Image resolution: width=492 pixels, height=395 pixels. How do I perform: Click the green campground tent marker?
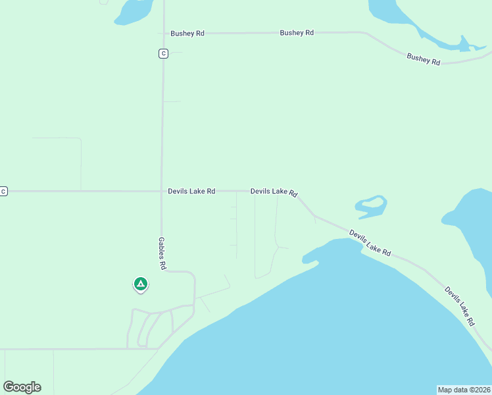pyautogui.click(x=140, y=284)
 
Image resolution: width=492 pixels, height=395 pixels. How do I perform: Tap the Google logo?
pyautogui.click(x=22, y=387)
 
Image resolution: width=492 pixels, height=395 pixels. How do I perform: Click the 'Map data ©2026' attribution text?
pyautogui.click(x=464, y=389)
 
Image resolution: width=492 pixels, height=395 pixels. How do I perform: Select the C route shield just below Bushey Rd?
pyautogui.click(x=163, y=53)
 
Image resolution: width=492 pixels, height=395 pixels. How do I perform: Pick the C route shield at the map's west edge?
pyautogui.click(x=3, y=191)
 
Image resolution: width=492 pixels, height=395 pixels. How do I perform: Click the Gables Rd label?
pyautogui.click(x=162, y=253)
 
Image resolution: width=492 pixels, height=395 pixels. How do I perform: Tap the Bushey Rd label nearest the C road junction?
pyautogui.click(x=187, y=33)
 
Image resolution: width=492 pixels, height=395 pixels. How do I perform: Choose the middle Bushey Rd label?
pyautogui.click(x=297, y=32)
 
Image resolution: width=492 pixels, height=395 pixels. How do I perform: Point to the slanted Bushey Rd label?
pyautogui.click(x=423, y=59)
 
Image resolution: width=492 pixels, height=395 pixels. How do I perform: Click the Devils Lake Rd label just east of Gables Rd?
pyautogui.click(x=191, y=191)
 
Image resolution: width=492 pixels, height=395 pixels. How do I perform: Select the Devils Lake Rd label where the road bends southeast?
pyautogui.click(x=274, y=192)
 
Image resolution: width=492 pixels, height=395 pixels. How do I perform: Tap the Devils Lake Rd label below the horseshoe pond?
pyautogui.click(x=370, y=243)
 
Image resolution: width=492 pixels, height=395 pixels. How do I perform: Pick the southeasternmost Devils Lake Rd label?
pyautogui.click(x=459, y=306)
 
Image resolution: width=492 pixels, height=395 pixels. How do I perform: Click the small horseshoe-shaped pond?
pyautogui.click(x=371, y=206)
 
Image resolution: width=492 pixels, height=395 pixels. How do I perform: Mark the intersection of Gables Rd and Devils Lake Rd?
pyautogui.click(x=162, y=191)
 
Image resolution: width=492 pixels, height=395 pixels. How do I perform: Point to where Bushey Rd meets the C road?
pyautogui.click(x=163, y=33)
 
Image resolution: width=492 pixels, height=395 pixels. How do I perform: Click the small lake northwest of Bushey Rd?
pyautogui.click(x=135, y=12)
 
